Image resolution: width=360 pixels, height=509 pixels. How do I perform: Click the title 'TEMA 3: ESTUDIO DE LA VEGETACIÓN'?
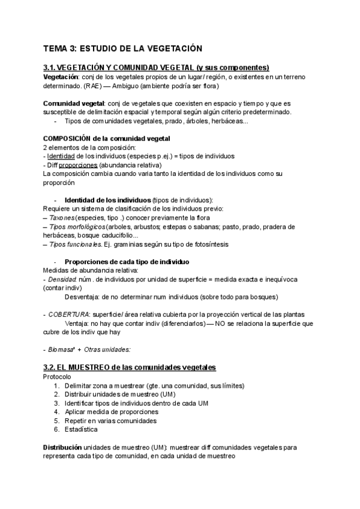pyautogui.click(x=123, y=48)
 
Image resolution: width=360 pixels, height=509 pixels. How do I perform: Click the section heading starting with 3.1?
pyautogui.click(x=156, y=67)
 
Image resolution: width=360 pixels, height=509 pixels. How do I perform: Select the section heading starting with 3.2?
pyautogui.click(x=130, y=367)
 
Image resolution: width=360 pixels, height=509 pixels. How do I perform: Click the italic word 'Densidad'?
pyautogui.click(x=62, y=279)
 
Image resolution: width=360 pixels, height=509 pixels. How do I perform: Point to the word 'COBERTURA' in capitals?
pyautogui.click(x=67, y=315)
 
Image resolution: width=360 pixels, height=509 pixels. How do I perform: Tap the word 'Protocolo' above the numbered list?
pyautogui.click(x=57, y=376)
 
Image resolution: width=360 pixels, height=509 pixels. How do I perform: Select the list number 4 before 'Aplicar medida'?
pyautogui.click(x=56, y=412)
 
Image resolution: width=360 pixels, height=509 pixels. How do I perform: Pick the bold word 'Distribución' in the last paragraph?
pyautogui.click(x=62, y=447)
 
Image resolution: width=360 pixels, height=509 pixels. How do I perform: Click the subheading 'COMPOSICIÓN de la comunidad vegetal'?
pyautogui.click(x=107, y=139)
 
